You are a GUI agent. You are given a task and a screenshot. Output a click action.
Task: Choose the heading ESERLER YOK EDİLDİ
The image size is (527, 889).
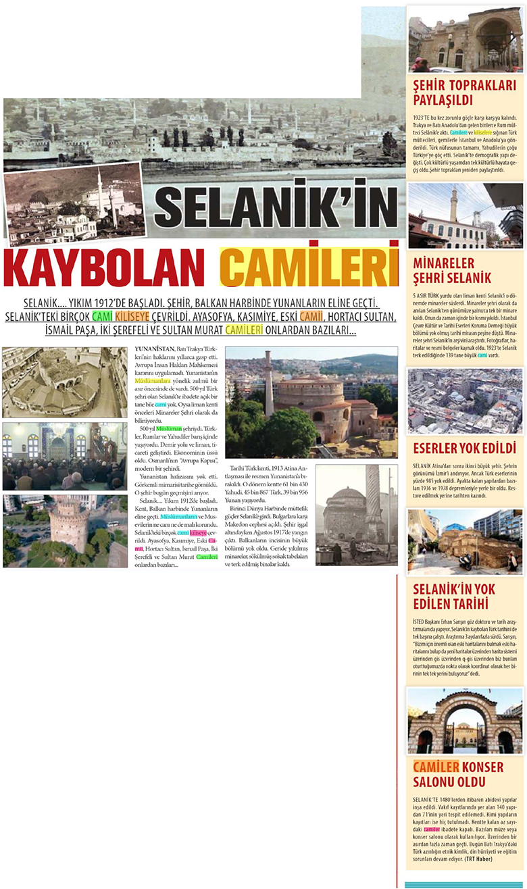click(464, 448)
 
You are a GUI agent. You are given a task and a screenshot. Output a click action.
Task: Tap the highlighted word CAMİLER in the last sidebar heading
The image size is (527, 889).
click(436, 767)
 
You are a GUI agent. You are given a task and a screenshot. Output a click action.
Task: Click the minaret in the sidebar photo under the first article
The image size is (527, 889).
click(453, 204)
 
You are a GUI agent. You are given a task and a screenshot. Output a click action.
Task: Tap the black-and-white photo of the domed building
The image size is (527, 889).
click(356, 513)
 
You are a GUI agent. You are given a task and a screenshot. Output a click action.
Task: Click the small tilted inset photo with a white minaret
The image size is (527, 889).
click(74, 203)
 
